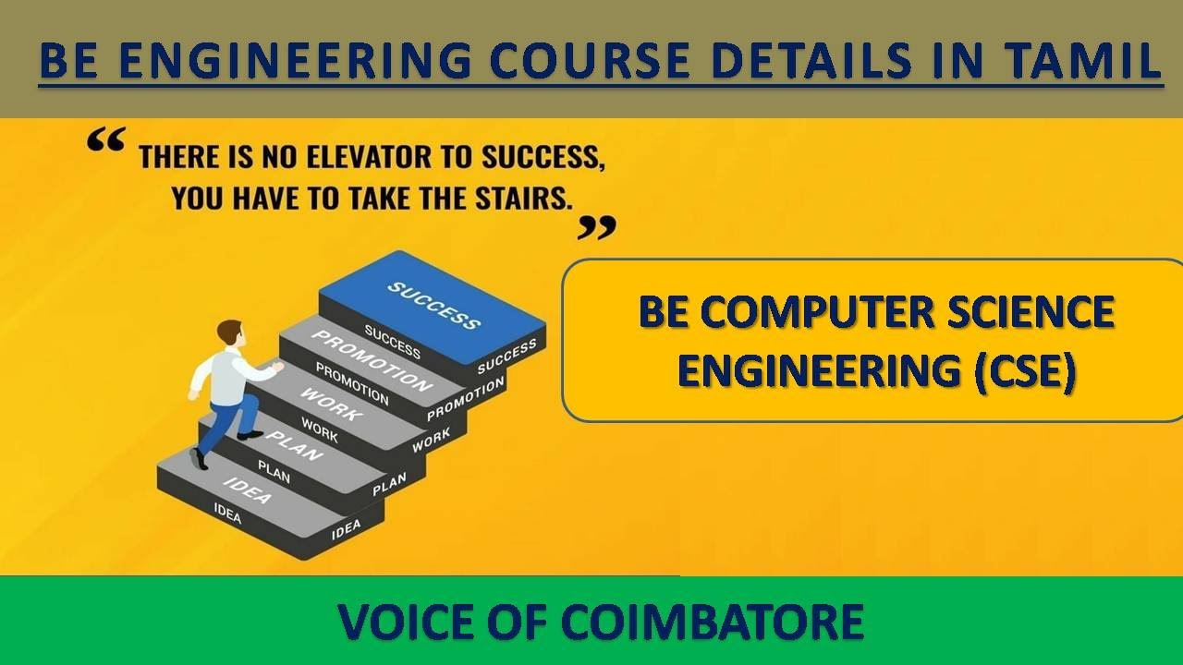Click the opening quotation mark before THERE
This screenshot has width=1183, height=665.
point(105,141)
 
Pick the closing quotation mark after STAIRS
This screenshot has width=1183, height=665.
point(596,226)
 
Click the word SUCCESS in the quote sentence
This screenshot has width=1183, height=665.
point(541,158)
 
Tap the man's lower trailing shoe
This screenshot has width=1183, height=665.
point(198,458)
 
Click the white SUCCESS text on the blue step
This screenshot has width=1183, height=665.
point(433,306)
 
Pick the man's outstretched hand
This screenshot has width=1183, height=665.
point(276,368)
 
